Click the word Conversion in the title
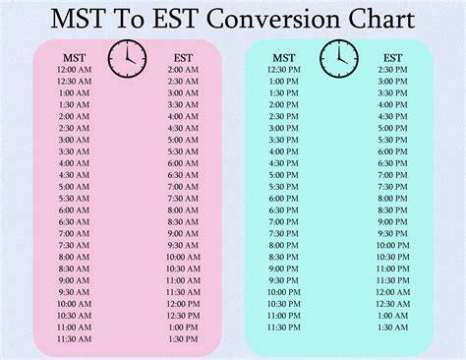(x=274, y=20)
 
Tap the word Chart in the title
(x=381, y=19)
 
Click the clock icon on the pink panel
(x=127, y=59)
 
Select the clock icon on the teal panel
(x=339, y=59)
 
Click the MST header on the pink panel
(x=74, y=58)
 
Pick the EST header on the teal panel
(x=392, y=58)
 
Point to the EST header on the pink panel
(x=183, y=58)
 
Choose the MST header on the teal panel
(x=284, y=58)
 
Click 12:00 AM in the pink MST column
(x=74, y=70)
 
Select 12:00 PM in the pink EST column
(x=183, y=304)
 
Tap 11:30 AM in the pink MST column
(x=74, y=339)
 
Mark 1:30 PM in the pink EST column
(x=183, y=339)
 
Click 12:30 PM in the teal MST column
(x=284, y=70)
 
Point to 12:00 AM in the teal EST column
(x=392, y=292)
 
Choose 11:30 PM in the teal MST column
(x=284, y=328)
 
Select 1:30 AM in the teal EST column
(x=392, y=328)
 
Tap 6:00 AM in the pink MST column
(x=74, y=210)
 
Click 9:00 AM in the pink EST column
(x=183, y=233)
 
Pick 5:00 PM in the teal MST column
(x=284, y=175)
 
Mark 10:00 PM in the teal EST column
(x=392, y=245)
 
